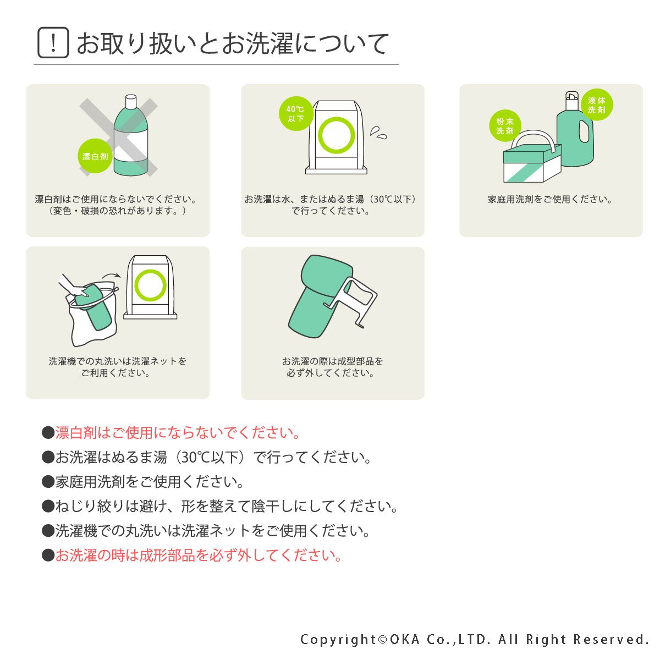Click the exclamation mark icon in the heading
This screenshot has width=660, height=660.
(53, 42)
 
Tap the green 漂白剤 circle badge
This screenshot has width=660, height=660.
(95, 156)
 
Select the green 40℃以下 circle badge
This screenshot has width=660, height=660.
(295, 113)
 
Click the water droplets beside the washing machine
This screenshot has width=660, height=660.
(378, 133)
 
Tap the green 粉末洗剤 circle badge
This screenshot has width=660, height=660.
(505, 126)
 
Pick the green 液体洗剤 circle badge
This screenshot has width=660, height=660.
(597, 105)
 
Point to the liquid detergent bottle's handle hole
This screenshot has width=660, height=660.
(584, 131)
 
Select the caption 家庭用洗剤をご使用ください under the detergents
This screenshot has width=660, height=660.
(550, 199)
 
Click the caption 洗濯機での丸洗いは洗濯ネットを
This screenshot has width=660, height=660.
(118, 361)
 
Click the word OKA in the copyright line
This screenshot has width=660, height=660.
(404, 639)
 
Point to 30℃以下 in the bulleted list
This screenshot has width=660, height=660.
(210, 457)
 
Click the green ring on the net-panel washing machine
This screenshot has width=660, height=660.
(150, 285)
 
